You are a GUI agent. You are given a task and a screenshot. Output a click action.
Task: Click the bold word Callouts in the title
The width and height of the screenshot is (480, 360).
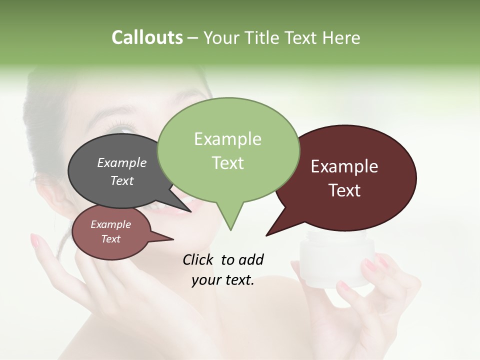(x=147, y=37)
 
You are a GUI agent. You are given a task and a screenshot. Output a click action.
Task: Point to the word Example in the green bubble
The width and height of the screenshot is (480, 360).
(x=227, y=139)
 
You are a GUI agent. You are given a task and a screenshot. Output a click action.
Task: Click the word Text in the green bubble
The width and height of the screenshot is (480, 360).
(x=227, y=163)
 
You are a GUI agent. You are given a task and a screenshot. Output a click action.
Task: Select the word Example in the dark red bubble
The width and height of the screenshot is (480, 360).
(x=344, y=166)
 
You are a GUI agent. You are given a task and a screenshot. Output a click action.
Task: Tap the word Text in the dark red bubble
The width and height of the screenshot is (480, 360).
(x=345, y=190)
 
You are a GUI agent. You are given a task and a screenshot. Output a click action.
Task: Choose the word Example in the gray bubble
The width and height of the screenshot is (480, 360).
(x=122, y=162)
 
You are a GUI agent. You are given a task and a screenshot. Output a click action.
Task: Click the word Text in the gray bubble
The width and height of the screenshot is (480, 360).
(x=122, y=180)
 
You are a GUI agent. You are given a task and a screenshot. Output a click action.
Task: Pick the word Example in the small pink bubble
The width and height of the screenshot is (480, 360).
(x=111, y=224)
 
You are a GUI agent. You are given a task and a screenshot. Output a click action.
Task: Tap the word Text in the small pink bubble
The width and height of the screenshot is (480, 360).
(x=111, y=239)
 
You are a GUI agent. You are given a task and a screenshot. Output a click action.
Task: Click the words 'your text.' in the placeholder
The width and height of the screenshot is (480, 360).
(x=223, y=280)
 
